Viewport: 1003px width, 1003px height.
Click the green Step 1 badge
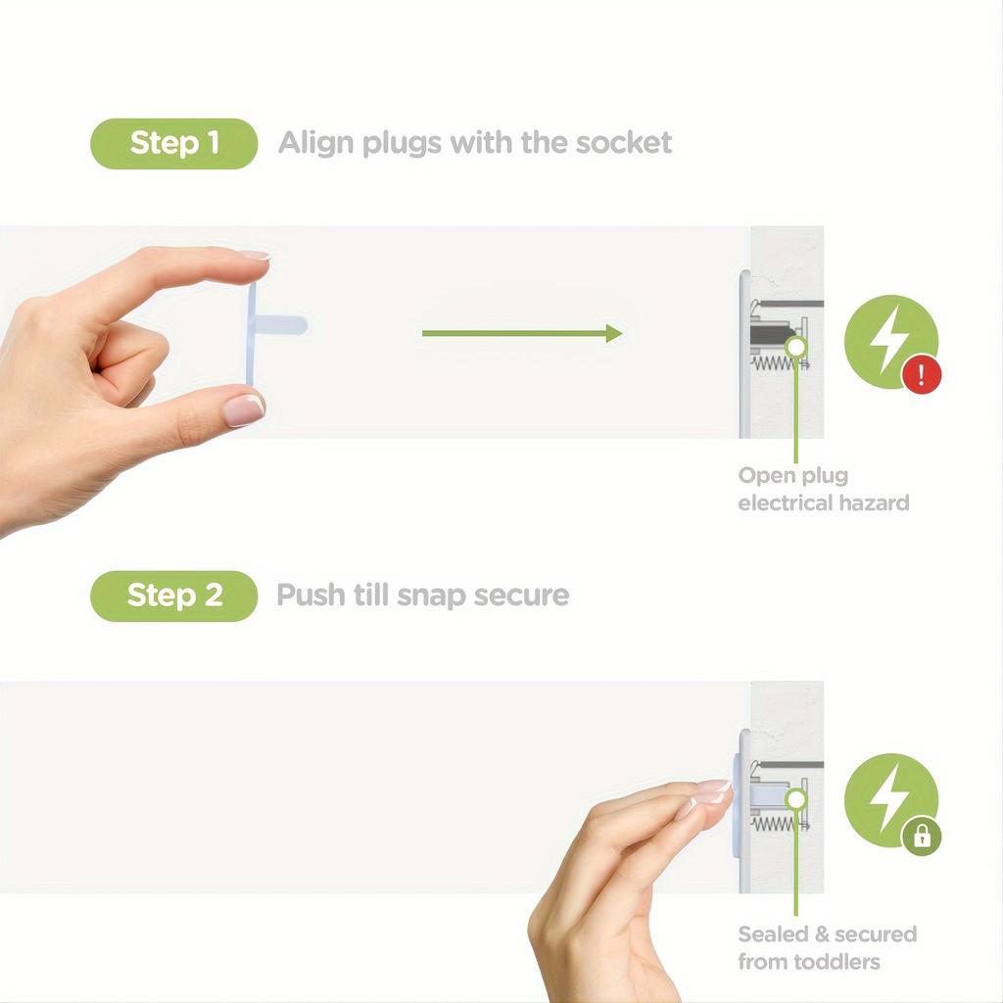tap(173, 143)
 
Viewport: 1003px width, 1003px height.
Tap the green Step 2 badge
tap(173, 595)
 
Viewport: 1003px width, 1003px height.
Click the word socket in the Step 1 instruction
tap(623, 143)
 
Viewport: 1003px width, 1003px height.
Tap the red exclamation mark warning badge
tap(921, 375)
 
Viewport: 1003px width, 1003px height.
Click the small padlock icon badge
tap(921, 836)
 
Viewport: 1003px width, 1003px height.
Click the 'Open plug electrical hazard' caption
tap(823, 490)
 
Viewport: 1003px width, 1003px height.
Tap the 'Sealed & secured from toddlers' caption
tap(827, 947)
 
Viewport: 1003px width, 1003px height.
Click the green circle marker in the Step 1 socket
tap(796, 345)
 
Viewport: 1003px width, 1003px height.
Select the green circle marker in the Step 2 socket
tap(796, 799)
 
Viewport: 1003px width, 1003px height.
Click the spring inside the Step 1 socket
tap(780, 363)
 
